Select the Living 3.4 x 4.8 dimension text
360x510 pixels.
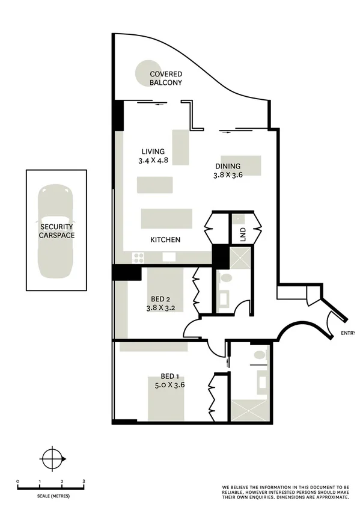[x=153, y=156]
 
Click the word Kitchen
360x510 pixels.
[x=165, y=239]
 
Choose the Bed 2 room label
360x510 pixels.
[x=162, y=303]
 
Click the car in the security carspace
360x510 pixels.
[x=56, y=231]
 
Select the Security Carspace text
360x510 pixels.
[x=57, y=231]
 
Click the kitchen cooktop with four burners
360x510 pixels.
[x=138, y=257]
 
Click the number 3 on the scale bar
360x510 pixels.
[x=84, y=482]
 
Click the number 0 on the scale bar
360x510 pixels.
[x=18, y=482]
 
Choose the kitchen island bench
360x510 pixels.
[x=166, y=218]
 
